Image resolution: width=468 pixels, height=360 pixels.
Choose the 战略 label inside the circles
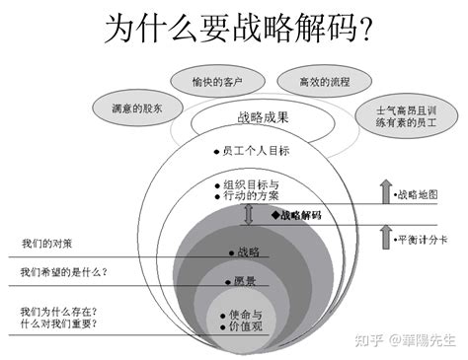pos(246,252)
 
